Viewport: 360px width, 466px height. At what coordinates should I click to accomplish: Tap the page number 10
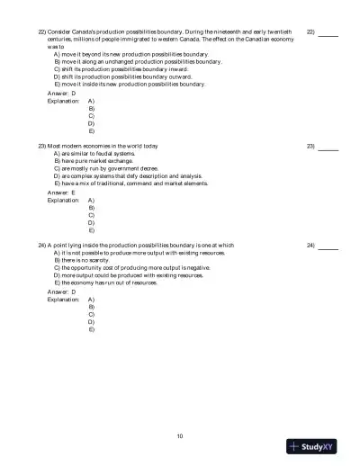click(x=180, y=436)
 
